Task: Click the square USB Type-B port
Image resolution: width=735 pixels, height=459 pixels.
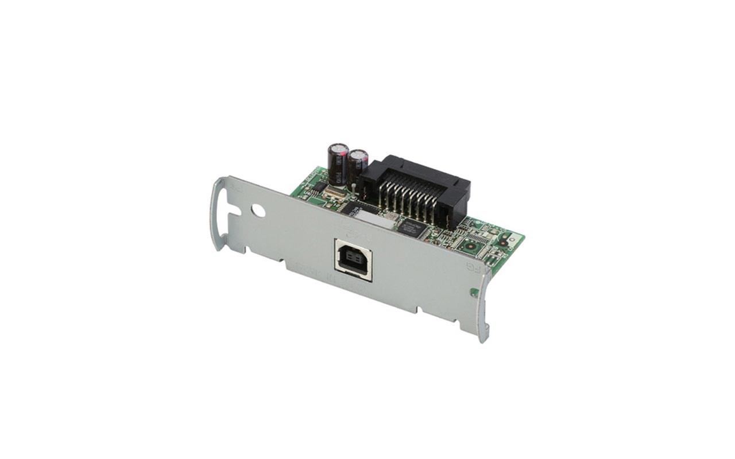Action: (353, 260)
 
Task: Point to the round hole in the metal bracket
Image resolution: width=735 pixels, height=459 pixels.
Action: (258, 211)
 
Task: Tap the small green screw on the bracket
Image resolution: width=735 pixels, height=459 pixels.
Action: (474, 292)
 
